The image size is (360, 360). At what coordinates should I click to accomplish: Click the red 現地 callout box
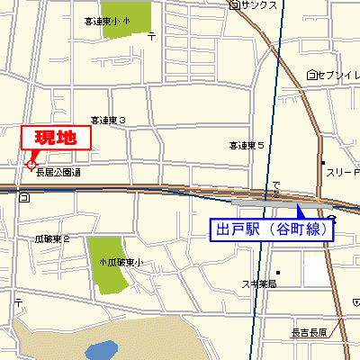coord(57,138)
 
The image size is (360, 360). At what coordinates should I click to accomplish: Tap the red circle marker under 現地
coord(31,165)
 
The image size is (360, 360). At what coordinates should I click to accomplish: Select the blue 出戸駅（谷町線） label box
coord(272,229)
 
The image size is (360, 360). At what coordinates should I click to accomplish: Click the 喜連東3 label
coord(107,120)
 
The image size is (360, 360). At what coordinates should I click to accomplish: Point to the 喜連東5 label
coord(246,144)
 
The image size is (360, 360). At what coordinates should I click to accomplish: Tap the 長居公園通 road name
coord(58,172)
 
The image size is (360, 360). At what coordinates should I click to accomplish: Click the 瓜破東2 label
coord(52,239)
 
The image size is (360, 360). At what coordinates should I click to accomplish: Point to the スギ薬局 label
coord(258,283)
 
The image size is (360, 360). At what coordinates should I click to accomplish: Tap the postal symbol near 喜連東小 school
coord(151,36)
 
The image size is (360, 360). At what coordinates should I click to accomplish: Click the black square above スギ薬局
coord(280,272)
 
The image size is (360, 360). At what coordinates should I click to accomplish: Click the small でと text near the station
coord(275,187)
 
